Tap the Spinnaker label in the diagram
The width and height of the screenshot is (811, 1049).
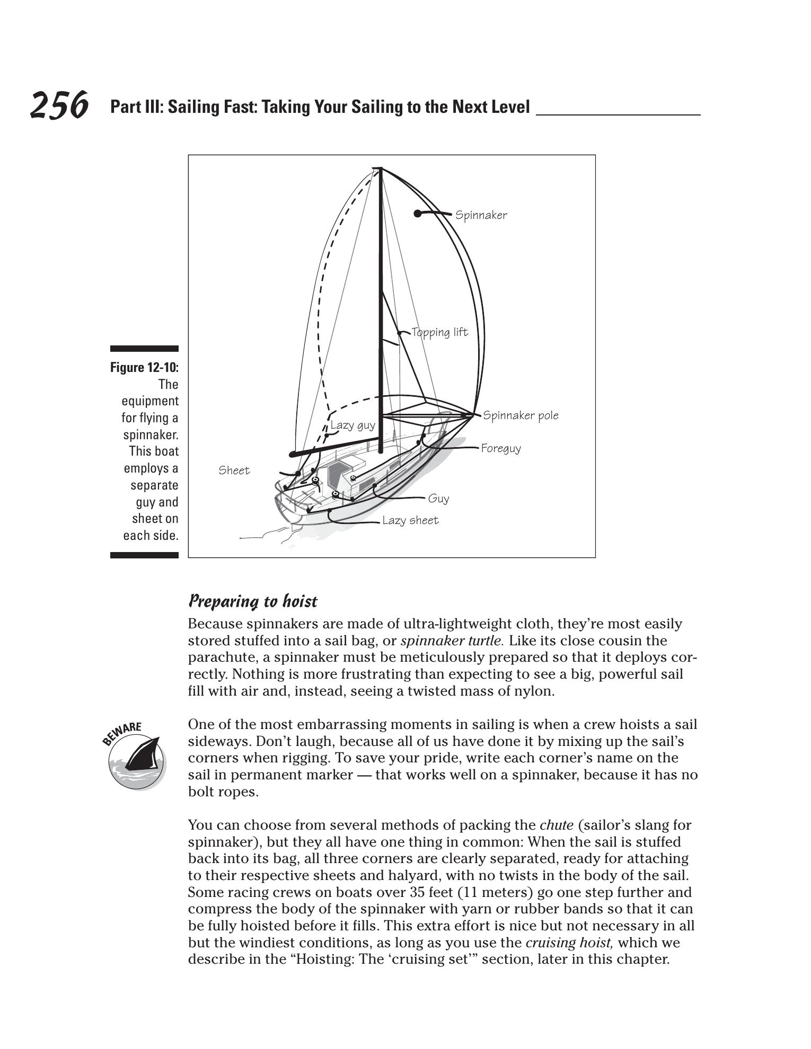tap(481, 215)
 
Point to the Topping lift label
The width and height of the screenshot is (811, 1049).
tap(439, 333)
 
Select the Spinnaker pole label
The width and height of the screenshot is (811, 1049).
tap(521, 415)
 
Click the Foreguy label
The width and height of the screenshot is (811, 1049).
tap(501, 449)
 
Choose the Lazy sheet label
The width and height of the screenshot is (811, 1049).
tap(410, 521)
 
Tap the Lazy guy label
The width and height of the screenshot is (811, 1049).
tap(352, 425)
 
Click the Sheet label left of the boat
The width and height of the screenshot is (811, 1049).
tap(234, 470)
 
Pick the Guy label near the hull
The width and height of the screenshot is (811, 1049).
tap(438, 499)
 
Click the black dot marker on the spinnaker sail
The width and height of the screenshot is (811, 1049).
tap(418, 214)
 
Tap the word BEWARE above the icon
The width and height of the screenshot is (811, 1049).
tap(121, 733)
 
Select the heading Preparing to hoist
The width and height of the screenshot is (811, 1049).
tap(253, 601)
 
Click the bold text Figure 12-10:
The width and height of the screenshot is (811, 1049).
tap(144, 368)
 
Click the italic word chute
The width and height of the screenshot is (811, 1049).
tap(556, 825)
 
